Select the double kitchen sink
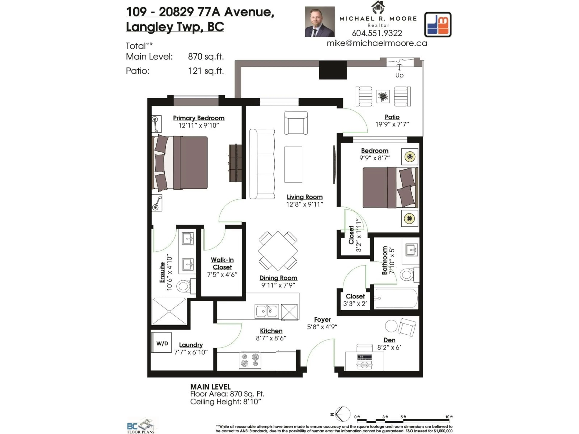266,311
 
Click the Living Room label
304,197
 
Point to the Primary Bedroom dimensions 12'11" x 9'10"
198,126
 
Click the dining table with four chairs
278,251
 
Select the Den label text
389,340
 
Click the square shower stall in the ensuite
169,311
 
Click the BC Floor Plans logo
141,425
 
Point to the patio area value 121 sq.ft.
206,71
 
